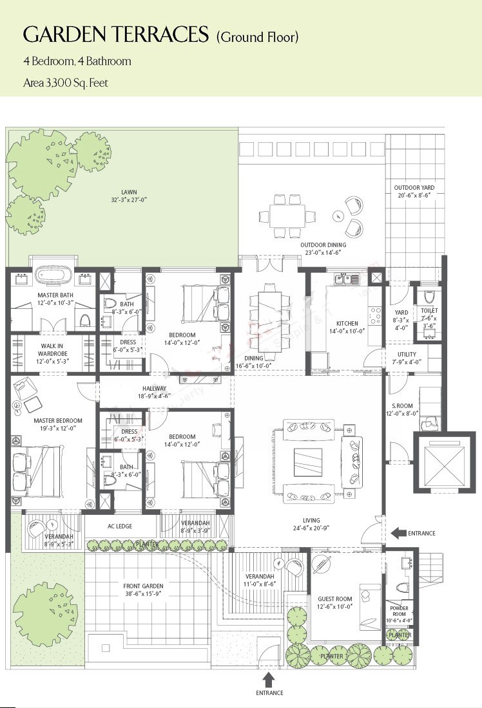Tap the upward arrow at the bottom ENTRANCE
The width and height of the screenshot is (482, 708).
pyautogui.click(x=269, y=680)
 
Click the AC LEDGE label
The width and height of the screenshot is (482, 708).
pyautogui.click(x=119, y=526)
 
